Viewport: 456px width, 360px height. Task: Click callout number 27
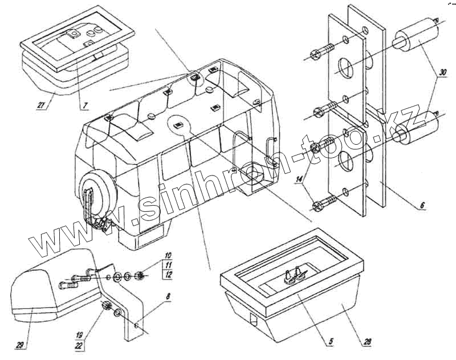[40, 106]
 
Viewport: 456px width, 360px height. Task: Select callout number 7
[84, 105]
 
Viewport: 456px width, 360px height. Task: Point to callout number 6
[422, 205]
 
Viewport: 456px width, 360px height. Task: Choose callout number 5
[331, 342]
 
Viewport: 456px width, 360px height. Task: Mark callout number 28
[367, 342]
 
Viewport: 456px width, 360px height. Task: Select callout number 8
[168, 297]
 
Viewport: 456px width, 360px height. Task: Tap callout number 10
[168, 255]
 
